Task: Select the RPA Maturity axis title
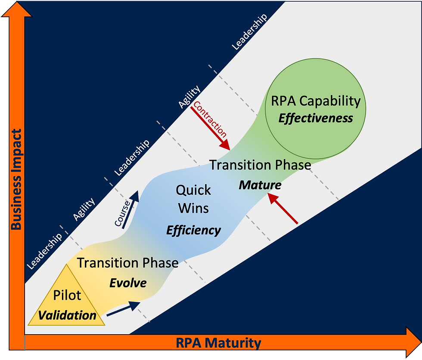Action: pos(218,343)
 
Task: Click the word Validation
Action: pos(67,315)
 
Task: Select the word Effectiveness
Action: pos(315,118)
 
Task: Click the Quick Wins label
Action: pos(194,199)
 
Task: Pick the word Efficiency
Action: pos(193,230)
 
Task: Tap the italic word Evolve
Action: pos(127,283)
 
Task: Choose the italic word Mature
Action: pos(260,185)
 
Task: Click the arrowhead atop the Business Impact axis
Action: pos(16,9)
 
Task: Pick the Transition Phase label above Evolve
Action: pos(127,262)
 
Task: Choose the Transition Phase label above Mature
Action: pos(260,165)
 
